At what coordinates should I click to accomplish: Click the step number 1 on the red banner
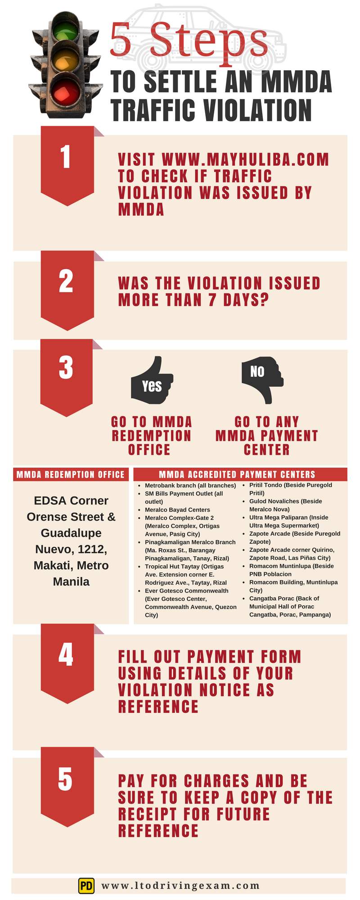pyautogui.click(x=66, y=157)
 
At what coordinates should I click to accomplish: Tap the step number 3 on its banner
pyautogui.click(x=66, y=367)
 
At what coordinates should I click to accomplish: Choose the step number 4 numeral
pyautogui.click(x=66, y=655)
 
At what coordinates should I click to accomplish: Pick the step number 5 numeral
pyautogui.click(x=66, y=778)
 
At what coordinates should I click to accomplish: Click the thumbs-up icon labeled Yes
pyautogui.click(x=152, y=381)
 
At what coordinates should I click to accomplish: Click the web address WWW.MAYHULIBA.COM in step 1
pyautogui.click(x=245, y=160)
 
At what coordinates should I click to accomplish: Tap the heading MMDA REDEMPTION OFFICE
pyautogui.click(x=71, y=474)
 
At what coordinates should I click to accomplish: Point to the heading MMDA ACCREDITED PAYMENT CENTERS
pyautogui.click(x=237, y=474)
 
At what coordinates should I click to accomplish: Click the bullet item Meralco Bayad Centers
pyautogui.click(x=177, y=510)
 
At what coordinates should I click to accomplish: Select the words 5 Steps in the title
pyautogui.click(x=189, y=41)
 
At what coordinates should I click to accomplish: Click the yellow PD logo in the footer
pyautogui.click(x=86, y=886)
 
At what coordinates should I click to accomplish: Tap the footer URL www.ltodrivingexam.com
pyautogui.click(x=180, y=886)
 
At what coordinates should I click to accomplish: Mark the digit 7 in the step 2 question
pyautogui.click(x=212, y=300)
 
